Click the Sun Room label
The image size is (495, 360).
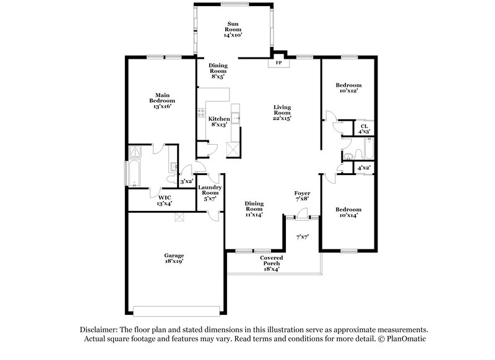click(x=233, y=28)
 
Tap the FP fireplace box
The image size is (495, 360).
click(x=279, y=63)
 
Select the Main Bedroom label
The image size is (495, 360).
click(x=161, y=100)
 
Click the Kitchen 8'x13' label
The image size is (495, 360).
click(x=218, y=121)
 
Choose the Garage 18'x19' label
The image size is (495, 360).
click(x=173, y=258)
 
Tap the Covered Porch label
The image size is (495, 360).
click(x=272, y=263)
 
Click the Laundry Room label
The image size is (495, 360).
click(x=209, y=193)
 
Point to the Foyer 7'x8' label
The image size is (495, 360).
click(x=302, y=197)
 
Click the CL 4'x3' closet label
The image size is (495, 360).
click(x=364, y=129)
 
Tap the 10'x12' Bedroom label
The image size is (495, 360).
click(x=348, y=88)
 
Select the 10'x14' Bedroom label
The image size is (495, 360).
click(x=348, y=212)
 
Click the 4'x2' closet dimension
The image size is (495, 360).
click(x=364, y=168)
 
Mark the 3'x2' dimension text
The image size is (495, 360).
click(x=186, y=182)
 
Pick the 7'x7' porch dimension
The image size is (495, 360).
click(x=302, y=236)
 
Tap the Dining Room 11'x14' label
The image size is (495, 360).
click(x=254, y=208)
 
